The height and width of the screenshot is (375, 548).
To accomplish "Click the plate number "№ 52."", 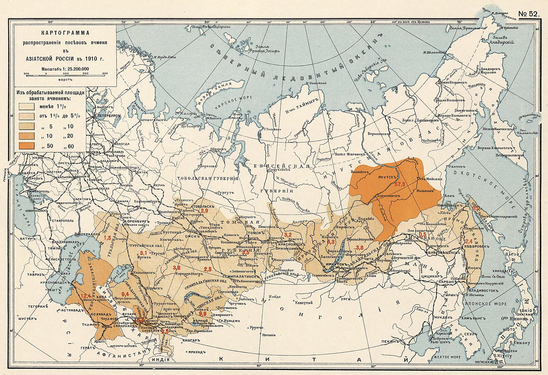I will point(528,14).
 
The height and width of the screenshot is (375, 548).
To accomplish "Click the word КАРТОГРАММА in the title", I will point(65,33).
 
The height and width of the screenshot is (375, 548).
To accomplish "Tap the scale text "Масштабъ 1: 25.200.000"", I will point(65,69).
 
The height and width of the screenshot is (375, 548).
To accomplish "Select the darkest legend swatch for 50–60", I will point(27,146).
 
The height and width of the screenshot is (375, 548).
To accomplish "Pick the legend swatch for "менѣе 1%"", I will point(27,106).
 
